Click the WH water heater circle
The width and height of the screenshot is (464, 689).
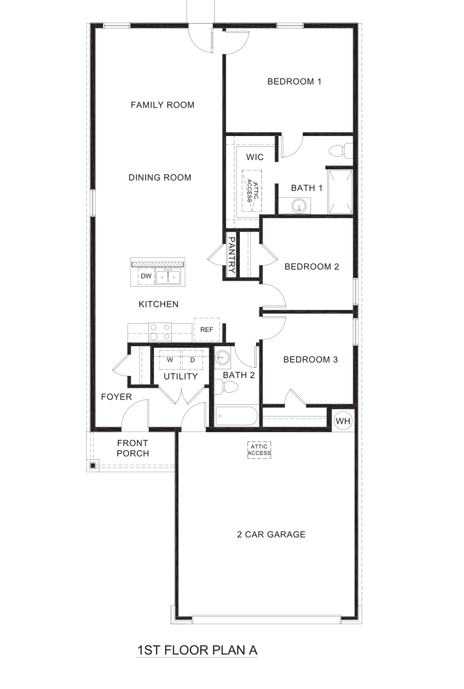pos(343,421)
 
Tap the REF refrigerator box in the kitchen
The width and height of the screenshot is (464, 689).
pos(206,330)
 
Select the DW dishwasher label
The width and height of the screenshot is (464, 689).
pos(146,276)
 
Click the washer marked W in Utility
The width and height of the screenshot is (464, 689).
pos(170,360)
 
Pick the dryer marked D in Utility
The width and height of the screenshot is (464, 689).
pos(193,360)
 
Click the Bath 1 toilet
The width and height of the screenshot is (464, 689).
pos(341,150)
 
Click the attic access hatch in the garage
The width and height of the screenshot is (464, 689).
pos(259,450)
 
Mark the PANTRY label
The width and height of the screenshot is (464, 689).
pos(232,255)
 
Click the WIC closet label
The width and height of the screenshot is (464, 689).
pos(255,157)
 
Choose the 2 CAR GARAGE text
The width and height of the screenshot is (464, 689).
pos(271,534)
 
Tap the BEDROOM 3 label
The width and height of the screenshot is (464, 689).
pos(310,359)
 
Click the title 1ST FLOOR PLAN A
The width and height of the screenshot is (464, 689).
pos(197,650)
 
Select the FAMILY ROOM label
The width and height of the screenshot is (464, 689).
pos(162,105)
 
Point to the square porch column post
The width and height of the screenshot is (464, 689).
pos(92,465)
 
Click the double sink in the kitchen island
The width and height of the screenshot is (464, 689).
pos(168,277)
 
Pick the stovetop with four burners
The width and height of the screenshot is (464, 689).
pos(159,332)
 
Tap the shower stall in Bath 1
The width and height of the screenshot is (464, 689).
pos(340,192)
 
